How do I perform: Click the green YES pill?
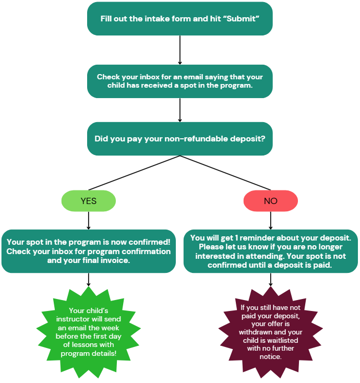88,201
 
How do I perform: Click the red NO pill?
270,201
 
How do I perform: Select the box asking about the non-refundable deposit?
179,139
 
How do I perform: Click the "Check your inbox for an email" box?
179,81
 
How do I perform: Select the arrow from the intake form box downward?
179,50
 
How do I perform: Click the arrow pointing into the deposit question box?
179,110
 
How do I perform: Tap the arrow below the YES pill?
88,220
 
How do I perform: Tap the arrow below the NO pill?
270,220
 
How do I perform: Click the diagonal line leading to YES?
134,173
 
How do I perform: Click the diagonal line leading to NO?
225,173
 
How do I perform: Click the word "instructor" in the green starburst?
88,319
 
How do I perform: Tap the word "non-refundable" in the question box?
194,139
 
